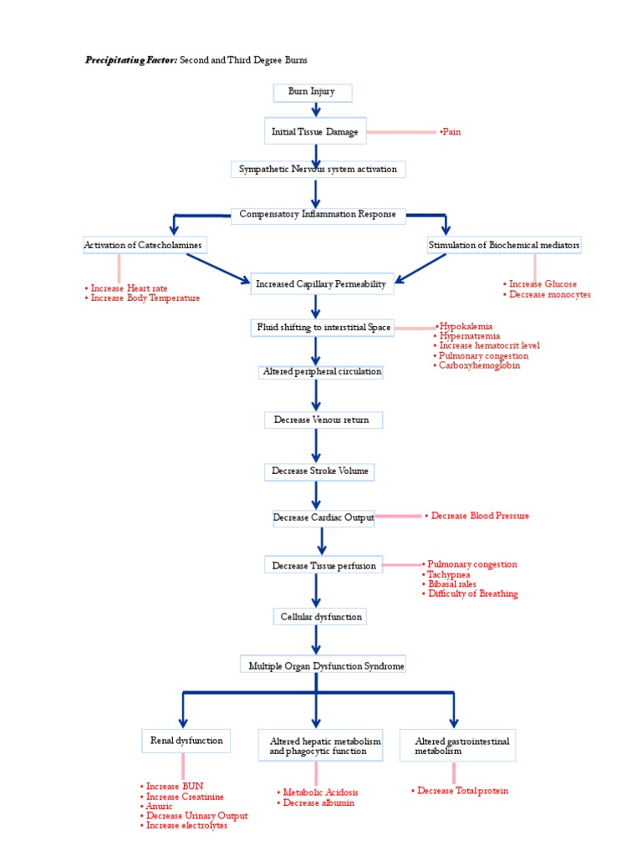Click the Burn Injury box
pos(312,92)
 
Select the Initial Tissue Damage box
pos(315,132)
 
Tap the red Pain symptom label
pos(451,132)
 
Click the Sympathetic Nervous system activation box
pos(318,170)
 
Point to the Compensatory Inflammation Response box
pos(318,215)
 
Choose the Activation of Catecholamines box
pos(143,245)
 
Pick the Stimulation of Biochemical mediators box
pos(503,246)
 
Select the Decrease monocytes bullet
pos(547,294)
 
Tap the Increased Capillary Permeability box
pos(322,284)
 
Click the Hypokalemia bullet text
pos(465,326)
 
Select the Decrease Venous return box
pos(322,420)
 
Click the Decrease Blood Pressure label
pos(477,516)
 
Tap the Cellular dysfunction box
pos(318,617)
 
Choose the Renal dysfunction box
pos(186,741)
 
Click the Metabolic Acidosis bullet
pos(320,792)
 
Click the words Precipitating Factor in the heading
pos(130,60)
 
